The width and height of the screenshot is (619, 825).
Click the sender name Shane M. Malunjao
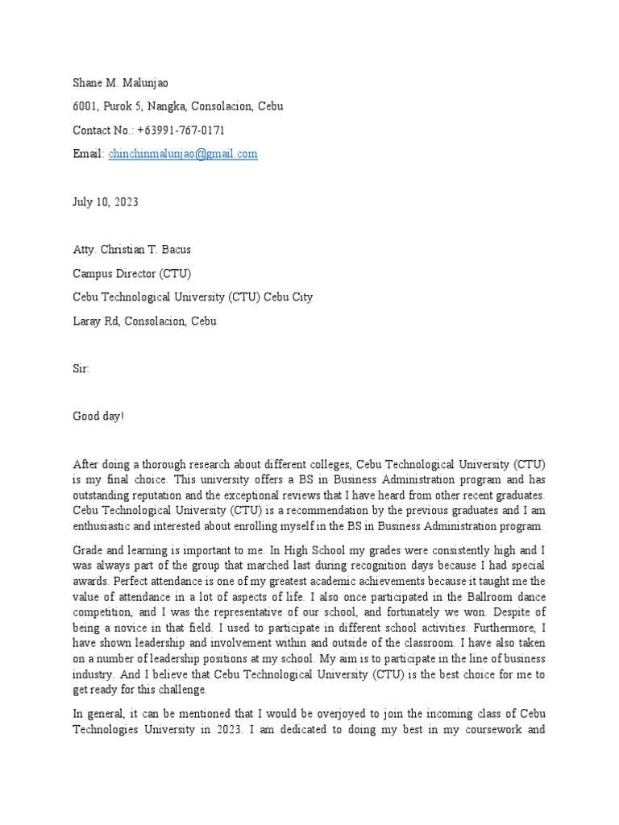click(x=122, y=82)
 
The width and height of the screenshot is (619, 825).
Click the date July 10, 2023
click(x=106, y=201)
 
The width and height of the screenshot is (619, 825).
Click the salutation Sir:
click(x=81, y=368)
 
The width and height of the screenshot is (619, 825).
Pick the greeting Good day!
click(x=99, y=416)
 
